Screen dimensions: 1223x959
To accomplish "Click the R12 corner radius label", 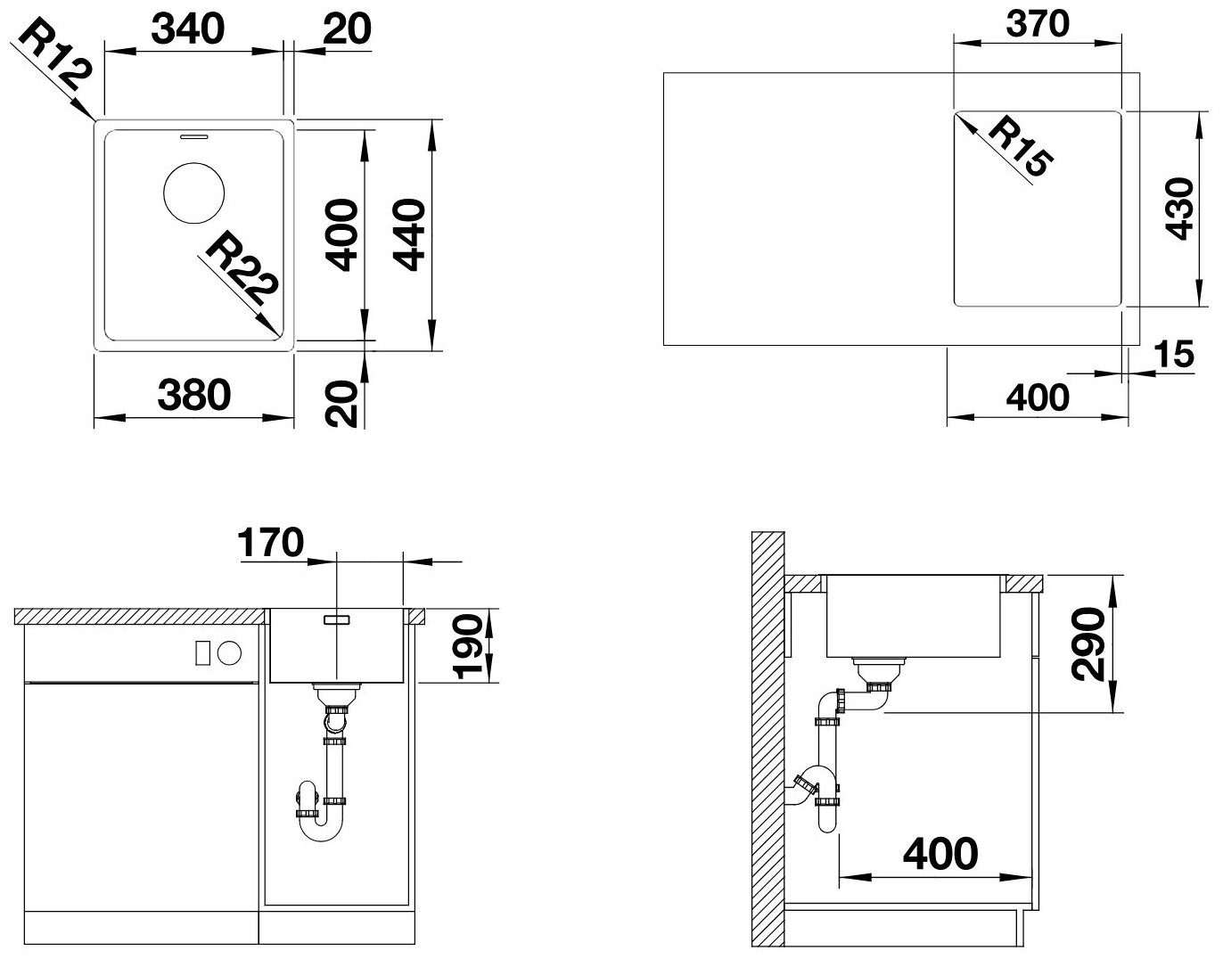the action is (54, 54).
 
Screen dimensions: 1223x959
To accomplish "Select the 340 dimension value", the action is (188, 29).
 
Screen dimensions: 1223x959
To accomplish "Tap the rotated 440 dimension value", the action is (409, 235).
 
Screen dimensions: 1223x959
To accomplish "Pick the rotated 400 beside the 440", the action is (341, 235).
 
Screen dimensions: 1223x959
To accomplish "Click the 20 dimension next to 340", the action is (348, 29).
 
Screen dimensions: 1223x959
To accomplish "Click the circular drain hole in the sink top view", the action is (193, 193).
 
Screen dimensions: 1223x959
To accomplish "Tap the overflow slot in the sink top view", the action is (194, 135).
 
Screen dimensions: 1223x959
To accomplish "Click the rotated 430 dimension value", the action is (1178, 209).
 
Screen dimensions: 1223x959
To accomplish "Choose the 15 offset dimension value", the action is (1173, 355).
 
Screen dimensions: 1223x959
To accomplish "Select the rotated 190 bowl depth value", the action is (468, 647).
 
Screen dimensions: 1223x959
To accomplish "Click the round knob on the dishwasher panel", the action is (230, 653).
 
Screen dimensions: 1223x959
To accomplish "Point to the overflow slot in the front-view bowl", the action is (337, 619).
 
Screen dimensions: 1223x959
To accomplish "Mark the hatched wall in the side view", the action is (767, 742).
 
